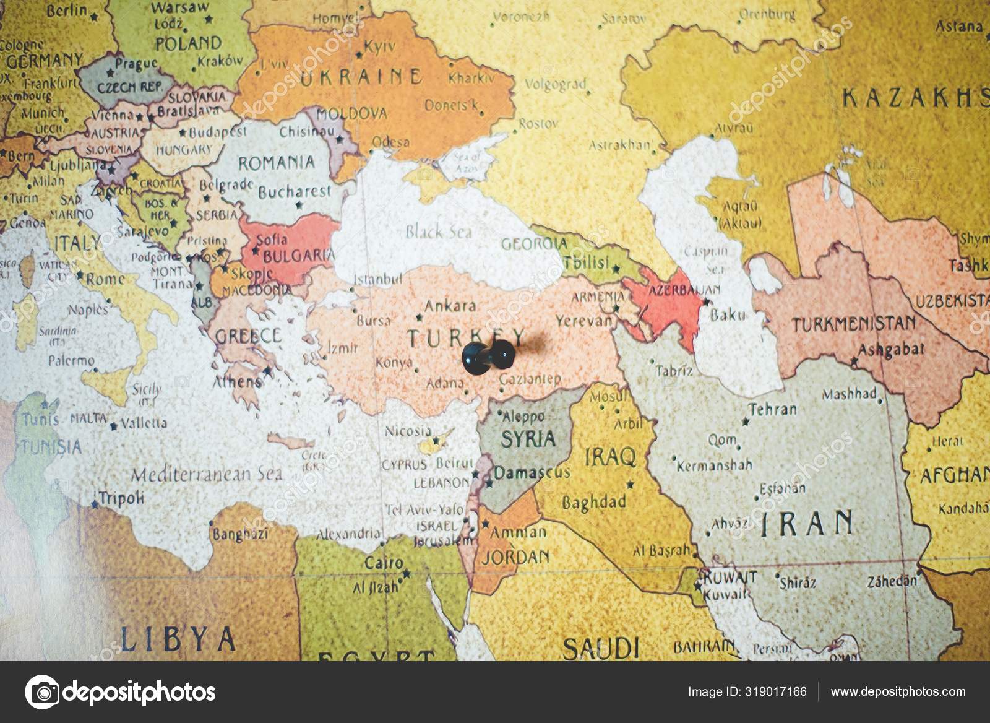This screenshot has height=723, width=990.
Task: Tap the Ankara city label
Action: tap(450, 305)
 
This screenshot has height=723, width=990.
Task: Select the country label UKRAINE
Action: tap(361, 77)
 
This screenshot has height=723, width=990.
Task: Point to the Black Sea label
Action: tap(439, 232)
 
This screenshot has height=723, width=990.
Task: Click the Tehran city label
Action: tap(773, 409)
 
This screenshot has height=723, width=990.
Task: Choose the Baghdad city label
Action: tap(593, 503)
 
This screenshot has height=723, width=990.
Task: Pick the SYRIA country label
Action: tap(528, 439)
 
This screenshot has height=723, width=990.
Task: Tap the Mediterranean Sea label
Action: tap(207, 474)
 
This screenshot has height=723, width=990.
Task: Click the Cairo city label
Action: tap(384, 564)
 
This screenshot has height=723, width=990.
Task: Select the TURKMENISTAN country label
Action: tap(854, 324)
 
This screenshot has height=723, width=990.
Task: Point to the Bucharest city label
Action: tap(295, 191)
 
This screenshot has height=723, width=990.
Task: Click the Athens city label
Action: tap(238, 381)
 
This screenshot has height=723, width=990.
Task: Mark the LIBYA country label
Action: tap(178, 638)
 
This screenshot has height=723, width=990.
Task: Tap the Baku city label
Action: tap(728, 315)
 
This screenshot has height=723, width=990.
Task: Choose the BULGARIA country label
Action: tap(299, 256)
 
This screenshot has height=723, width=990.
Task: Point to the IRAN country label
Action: tap(807, 523)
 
